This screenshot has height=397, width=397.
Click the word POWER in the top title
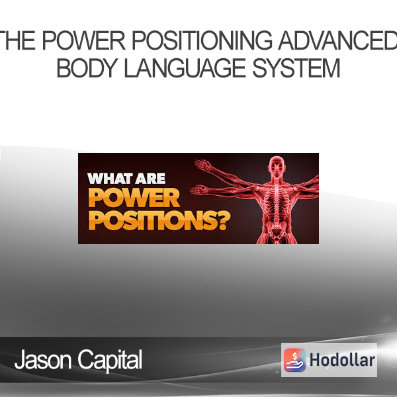click(84, 40)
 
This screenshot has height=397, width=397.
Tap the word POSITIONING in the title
click(202, 40)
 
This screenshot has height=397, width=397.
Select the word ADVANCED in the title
click(337, 40)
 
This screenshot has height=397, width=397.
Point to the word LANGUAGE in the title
click(185, 68)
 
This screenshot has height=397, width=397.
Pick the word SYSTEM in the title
click(296, 68)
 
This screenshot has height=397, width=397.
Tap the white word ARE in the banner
click(150, 179)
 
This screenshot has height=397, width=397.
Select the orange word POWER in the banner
click(134, 198)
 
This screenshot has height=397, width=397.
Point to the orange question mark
click(223, 220)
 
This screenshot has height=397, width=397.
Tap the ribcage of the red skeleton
click(277, 200)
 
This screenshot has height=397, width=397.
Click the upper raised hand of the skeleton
click(202, 165)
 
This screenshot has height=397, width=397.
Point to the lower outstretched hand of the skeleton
click(198, 190)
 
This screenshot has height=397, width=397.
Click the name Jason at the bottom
click(42, 360)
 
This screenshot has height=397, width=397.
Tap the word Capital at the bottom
click(110, 361)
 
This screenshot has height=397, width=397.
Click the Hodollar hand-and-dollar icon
click(294, 360)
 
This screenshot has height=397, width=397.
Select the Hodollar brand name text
click(342, 360)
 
